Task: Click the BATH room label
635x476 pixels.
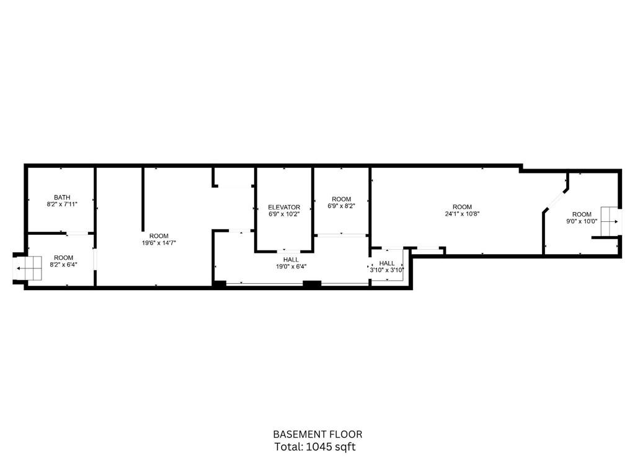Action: coord(62,198)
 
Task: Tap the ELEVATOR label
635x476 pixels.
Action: coord(284,207)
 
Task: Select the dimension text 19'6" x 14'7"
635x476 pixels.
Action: coord(159,243)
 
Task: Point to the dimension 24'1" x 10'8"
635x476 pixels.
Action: coord(462,214)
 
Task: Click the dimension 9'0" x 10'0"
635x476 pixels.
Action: coord(582,221)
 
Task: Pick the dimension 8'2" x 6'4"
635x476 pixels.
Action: coord(64,265)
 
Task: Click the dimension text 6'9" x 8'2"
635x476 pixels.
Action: coord(342,206)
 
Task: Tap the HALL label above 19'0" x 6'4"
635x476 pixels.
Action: coord(291,260)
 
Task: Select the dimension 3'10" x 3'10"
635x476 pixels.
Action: coord(387,270)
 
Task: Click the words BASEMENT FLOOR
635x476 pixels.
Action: coord(317,434)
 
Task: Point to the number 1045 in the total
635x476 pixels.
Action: coord(322,447)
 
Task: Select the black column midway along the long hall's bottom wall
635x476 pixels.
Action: coord(312,284)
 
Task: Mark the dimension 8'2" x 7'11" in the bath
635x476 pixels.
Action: coord(62,205)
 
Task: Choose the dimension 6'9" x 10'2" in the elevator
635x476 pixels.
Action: coord(284,214)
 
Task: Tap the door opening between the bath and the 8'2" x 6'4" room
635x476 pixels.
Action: coord(77,233)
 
